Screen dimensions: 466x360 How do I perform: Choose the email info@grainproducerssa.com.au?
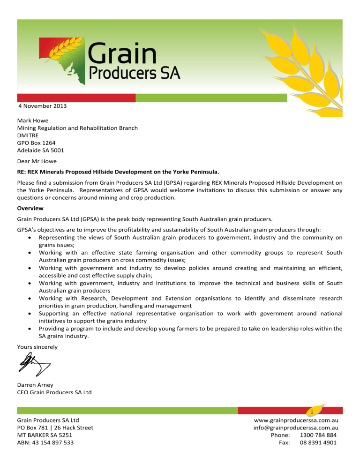click(296, 428)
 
